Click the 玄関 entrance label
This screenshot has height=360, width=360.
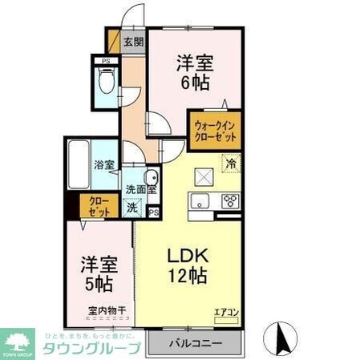133,42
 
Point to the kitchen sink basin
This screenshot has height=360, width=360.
199,200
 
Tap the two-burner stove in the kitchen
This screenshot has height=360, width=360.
230,200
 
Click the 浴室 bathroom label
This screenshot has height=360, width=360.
103,165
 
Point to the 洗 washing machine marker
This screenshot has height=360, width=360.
134,207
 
